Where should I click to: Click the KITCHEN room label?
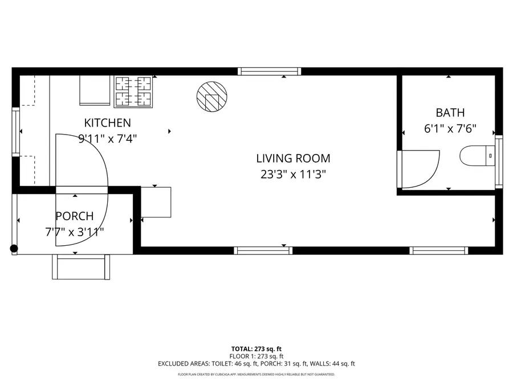click(x=108, y=123)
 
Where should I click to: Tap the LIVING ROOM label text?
click(x=293, y=159)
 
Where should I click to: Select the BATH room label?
click(x=450, y=112)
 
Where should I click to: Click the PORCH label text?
click(x=74, y=216)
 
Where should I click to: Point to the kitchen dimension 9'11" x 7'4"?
click(x=108, y=138)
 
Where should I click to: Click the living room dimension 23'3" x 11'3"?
click(x=293, y=175)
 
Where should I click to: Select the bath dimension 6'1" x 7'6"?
click(x=450, y=129)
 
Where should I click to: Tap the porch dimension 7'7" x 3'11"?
click(x=74, y=232)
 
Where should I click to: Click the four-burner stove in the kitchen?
click(x=135, y=91)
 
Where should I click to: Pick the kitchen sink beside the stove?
click(x=94, y=90)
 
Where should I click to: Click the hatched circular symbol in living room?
click(x=211, y=95)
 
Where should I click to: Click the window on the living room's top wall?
click(x=269, y=71)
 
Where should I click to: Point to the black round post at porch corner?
click(x=14, y=249)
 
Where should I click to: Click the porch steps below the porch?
click(x=81, y=267)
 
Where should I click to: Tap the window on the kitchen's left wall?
click(x=16, y=132)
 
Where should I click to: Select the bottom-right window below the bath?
click(x=438, y=250)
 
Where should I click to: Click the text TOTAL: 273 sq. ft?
click(x=256, y=348)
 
